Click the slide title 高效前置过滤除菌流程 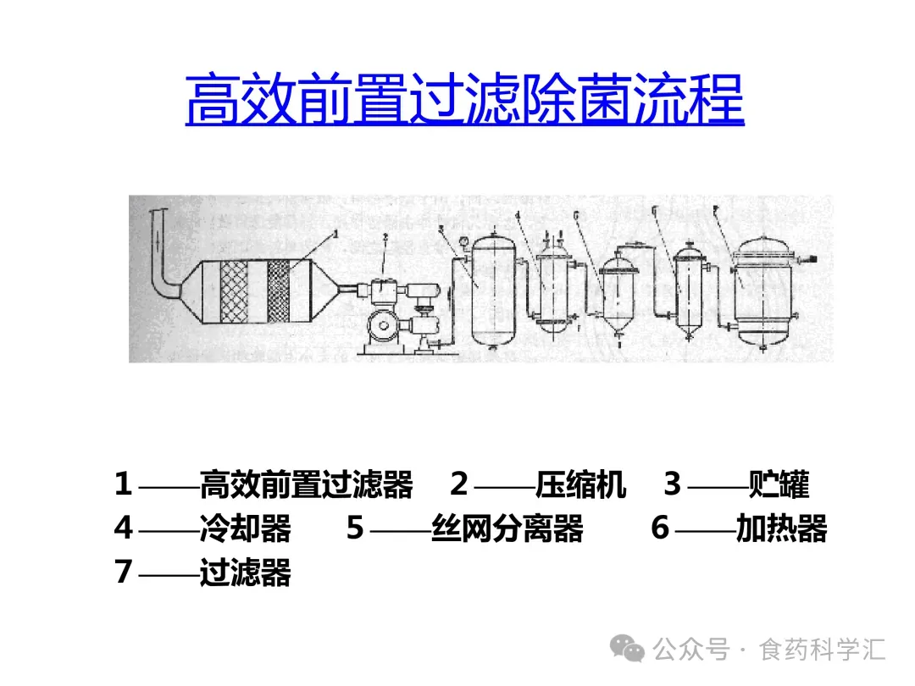[464, 100]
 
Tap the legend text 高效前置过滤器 [306, 485]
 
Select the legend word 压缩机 [580, 485]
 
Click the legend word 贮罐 [779, 485]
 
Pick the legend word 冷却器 [245, 528]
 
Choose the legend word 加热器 [781, 528]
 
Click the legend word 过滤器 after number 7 [245, 573]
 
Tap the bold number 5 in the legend [355, 528]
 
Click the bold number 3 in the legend [672, 485]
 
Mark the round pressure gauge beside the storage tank [462, 246]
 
